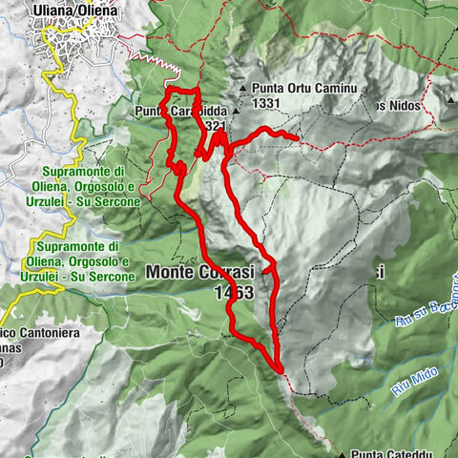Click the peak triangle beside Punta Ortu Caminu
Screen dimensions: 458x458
coord(245,90)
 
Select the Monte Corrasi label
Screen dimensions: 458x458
coord(200,273)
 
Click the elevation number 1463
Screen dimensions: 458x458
coord(234,293)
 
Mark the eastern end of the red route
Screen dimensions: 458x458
coord(299,140)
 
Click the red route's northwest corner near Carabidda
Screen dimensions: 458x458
coord(168,92)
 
